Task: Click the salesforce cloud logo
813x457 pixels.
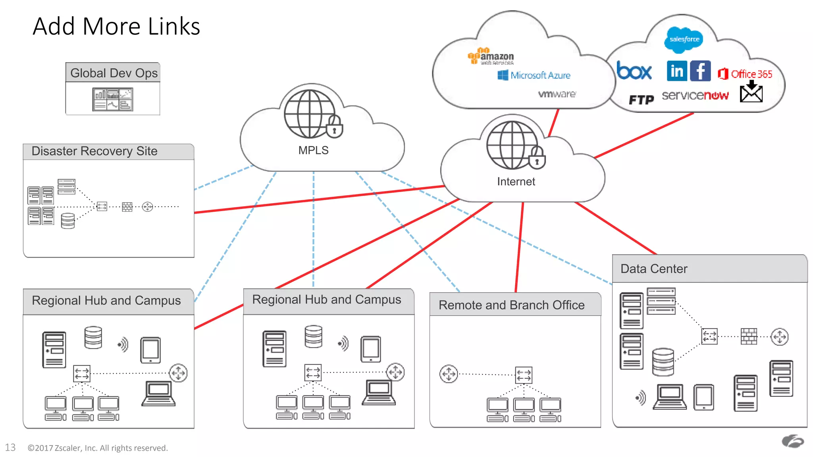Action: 684,39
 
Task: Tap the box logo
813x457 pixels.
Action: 634,71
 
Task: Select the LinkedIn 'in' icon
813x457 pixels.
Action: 677,71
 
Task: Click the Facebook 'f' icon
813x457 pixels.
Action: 700,71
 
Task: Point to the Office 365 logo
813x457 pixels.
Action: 745,74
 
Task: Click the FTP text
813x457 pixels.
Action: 641,100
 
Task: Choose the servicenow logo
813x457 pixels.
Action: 695,96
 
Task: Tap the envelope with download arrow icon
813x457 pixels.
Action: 751,92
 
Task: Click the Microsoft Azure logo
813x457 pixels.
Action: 534,75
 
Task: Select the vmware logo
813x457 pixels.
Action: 557,94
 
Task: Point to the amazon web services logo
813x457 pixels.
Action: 491,56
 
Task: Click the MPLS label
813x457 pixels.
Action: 313,150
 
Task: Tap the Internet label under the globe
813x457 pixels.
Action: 516,182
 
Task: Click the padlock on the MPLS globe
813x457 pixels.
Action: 334,127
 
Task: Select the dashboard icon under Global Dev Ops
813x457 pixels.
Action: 113,99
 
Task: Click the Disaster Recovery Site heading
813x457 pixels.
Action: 94,151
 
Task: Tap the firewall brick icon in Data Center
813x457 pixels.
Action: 749,336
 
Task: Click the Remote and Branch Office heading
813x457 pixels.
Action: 511,305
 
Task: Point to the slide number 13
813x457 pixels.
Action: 10,447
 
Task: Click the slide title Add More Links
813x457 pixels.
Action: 116,26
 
